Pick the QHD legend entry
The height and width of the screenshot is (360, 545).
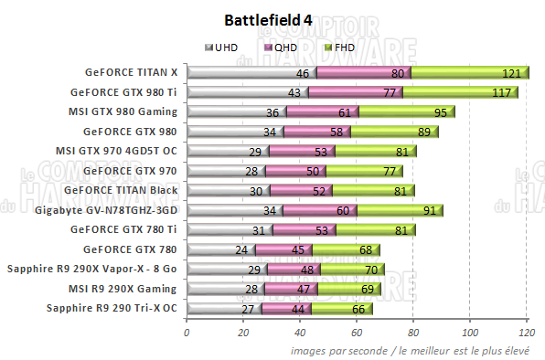coord(280,47)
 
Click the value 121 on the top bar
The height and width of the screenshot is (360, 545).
coord(511,72)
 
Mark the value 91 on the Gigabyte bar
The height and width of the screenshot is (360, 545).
coord(429,210)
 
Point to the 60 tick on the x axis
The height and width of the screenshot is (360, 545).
coord(357,333)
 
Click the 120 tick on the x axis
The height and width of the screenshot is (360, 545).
coord(527,333)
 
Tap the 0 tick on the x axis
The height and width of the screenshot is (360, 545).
coord(187,333)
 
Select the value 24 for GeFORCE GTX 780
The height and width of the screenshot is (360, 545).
coord(241,249)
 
